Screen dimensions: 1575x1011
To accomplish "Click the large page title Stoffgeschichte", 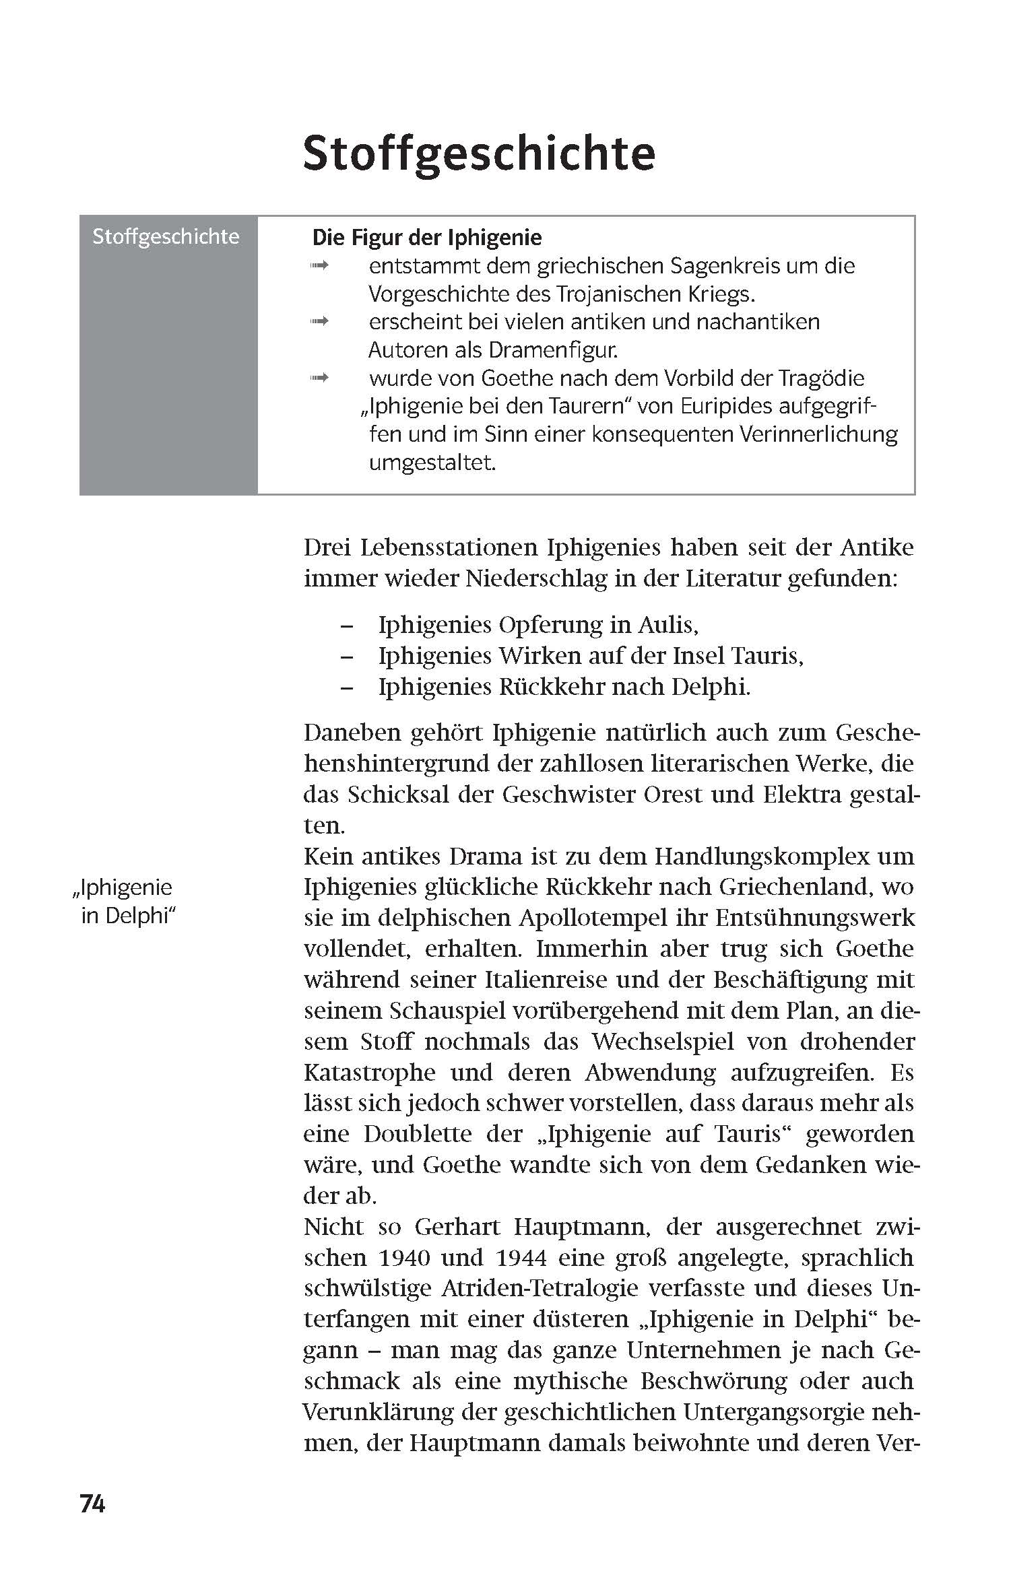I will point(479,154).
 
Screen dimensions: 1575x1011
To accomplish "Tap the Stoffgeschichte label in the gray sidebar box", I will point(166,236).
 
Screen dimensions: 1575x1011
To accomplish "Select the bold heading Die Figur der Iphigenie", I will point(427,238).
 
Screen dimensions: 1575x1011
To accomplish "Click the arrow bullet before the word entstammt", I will point(319,267).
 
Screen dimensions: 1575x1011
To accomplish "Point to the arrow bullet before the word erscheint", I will point(319,323).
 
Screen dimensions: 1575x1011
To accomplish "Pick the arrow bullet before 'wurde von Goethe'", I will point(319,378).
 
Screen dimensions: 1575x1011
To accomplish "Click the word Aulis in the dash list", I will point(663,625).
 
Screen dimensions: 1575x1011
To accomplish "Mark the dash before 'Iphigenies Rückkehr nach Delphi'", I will point(347,688).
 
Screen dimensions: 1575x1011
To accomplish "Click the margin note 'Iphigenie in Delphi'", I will point(125,902).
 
